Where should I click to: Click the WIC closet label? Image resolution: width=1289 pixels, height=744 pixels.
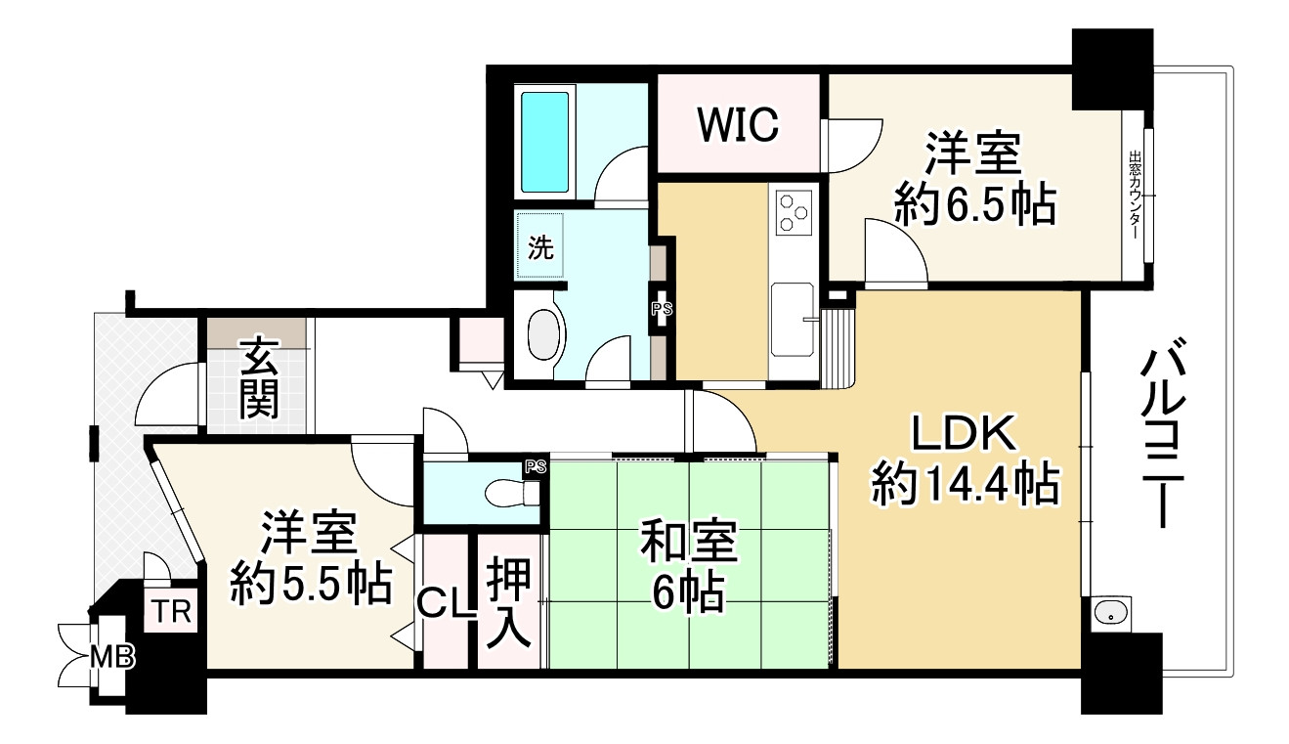tap(738, 123)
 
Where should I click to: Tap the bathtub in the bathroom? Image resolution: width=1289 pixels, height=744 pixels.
tap(544, 142)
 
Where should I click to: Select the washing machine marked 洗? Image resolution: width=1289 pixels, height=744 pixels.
tap(540, 247)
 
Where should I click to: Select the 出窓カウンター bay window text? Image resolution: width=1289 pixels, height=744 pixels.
tap(1135, 196)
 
